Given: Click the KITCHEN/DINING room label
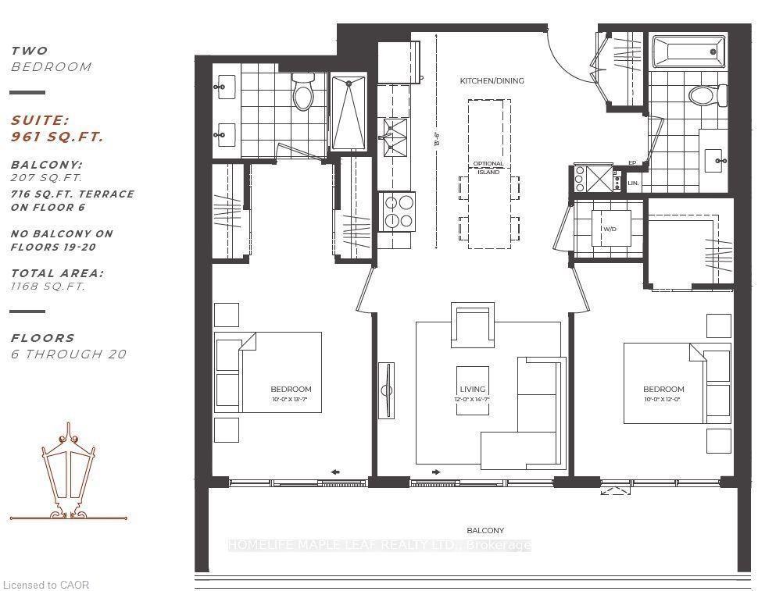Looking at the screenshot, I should (492, 80).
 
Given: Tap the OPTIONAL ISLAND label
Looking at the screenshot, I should (488, 168).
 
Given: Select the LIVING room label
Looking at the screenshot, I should (472, 389).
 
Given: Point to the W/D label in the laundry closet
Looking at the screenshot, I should (610, 230).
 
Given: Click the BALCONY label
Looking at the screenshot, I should (485, 531).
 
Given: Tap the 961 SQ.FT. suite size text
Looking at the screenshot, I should (57, 137).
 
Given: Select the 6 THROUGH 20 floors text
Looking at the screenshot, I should (68, 354).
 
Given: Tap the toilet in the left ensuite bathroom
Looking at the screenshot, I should (302, 94).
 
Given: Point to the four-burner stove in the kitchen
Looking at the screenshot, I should (397, 211).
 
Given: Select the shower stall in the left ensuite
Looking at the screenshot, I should (350, 113).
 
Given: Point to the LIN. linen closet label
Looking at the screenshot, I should (633, 183).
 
